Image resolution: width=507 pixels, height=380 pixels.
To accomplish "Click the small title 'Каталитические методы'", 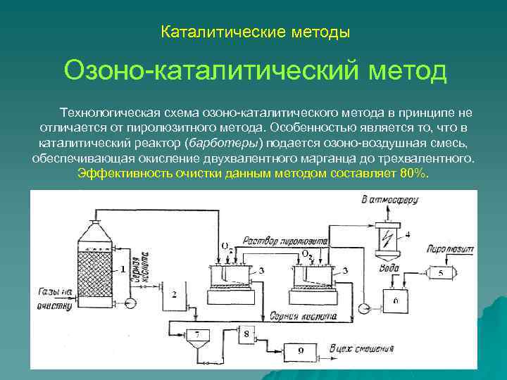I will (255, 32).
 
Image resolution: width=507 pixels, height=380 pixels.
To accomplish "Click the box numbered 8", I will (246, 334).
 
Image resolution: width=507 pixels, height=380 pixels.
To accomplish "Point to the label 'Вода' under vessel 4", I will (392, 258).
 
